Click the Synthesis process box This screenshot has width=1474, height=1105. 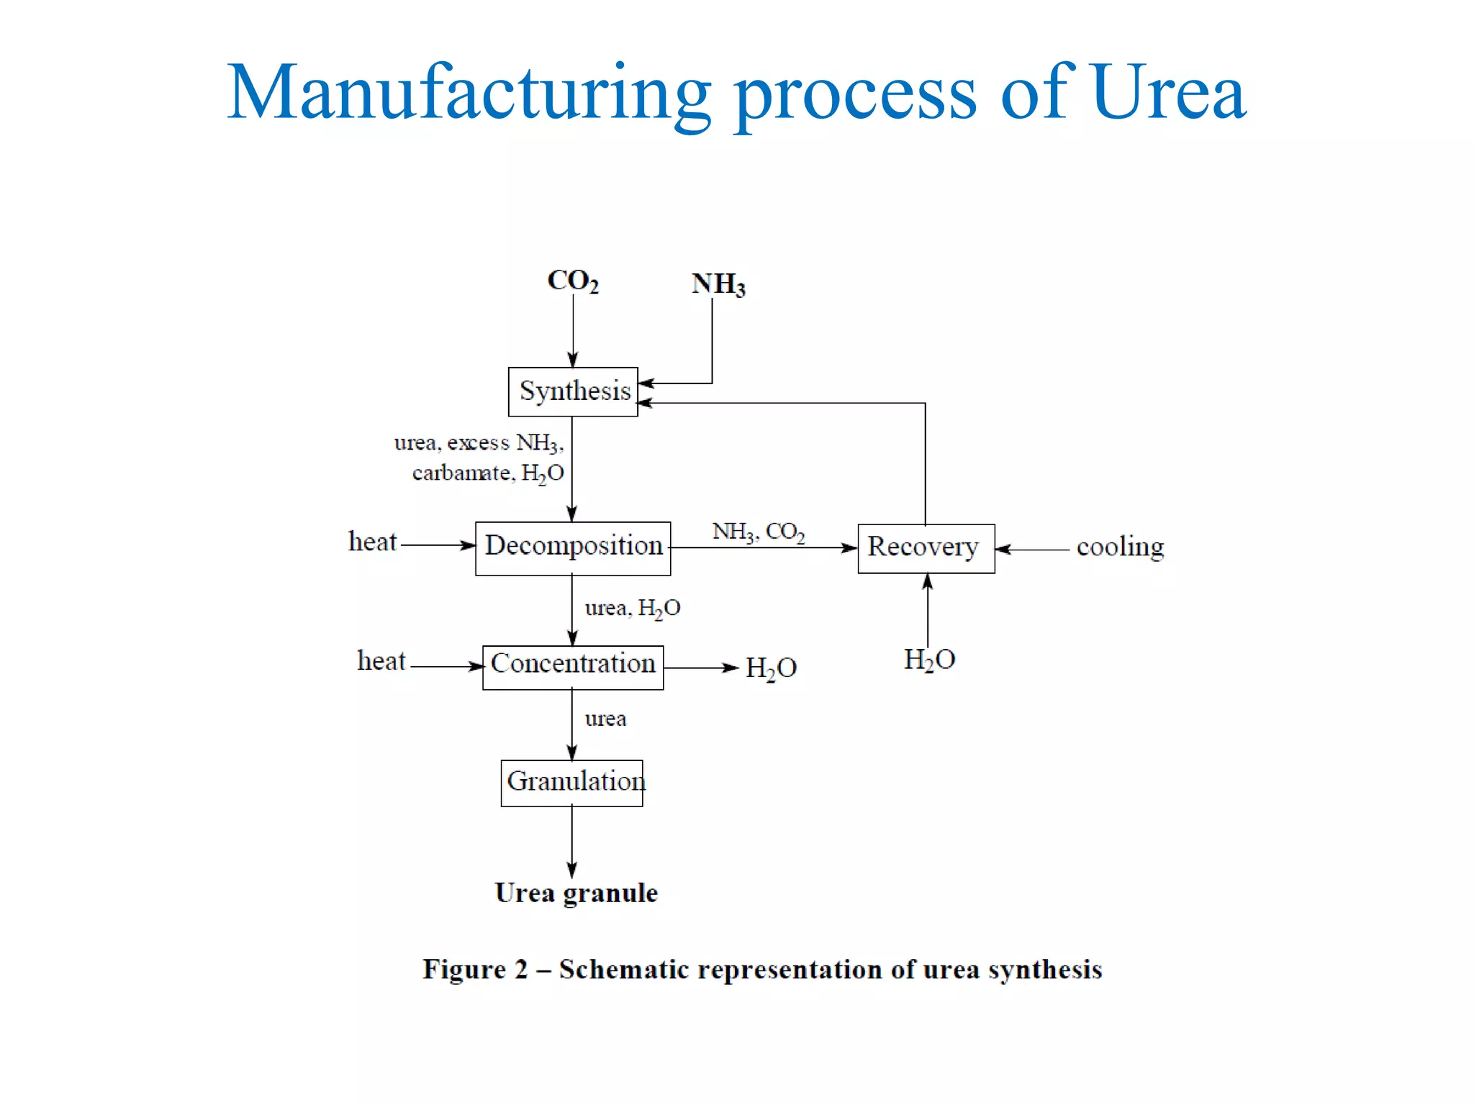tap(573, 391)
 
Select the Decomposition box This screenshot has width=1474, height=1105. tap(573, 548)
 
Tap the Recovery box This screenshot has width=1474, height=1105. tap(926, 548)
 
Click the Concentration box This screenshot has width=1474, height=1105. tap(573, 666)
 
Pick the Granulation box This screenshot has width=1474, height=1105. tap(572, 783)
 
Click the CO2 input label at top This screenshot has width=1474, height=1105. tap(573, 281)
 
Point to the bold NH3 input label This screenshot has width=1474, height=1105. tap(718, 285)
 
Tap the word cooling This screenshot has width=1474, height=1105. tap(1120, 547)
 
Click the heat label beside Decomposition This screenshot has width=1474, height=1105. tap(372, 542)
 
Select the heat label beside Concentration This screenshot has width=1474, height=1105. tap(381, 661)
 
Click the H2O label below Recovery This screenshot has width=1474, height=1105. tap(929, 660)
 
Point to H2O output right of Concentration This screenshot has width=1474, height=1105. tap(771, 668)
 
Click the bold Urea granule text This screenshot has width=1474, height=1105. tap(576, 893)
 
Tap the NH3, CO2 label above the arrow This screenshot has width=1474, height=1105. tap(759, 532)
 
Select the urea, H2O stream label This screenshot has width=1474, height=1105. tap(632, 609)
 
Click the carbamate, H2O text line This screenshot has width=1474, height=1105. tap(488, 473)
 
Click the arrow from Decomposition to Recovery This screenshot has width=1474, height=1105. tap(763, 548)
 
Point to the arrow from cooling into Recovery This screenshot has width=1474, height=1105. tap(1032, 550)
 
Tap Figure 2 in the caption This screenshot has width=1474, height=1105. tap(475, 970)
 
